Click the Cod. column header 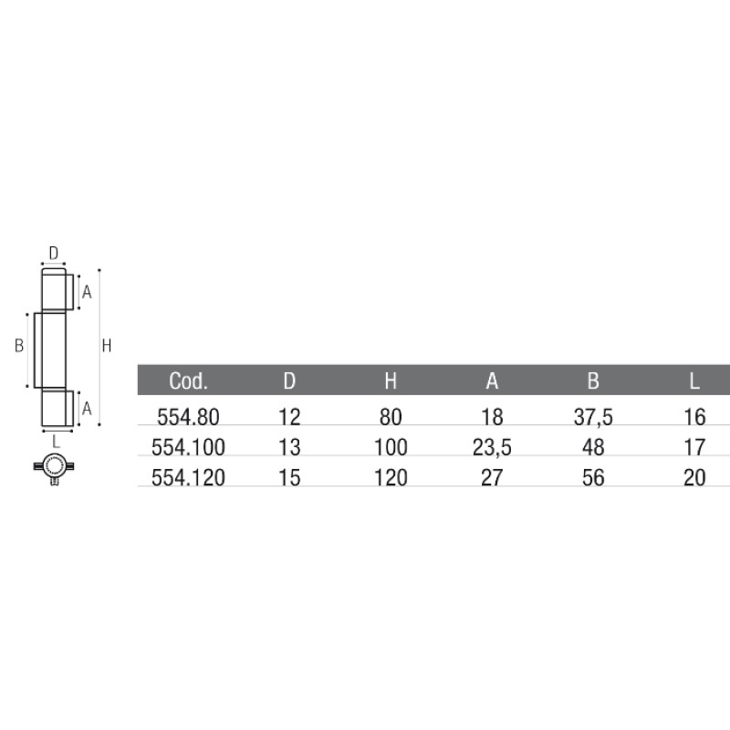(189, 381)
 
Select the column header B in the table (592, 381)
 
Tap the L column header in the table (694, 381)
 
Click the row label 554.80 (189, 417)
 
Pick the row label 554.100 (189, 447)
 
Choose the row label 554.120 (189, 477)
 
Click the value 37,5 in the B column (592, 417)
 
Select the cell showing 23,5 (492, 447)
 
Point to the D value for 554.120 (289, 477)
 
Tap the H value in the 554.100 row (391, 447)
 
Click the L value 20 (694, 477)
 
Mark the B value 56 (592, 477)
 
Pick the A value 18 (492, 417)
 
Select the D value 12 (289, 417)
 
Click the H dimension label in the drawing (107, 346)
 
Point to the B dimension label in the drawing (17, 346)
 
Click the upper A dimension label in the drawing (87, 292)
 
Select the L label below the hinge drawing (56, 441)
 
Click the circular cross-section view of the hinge (55, 466)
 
